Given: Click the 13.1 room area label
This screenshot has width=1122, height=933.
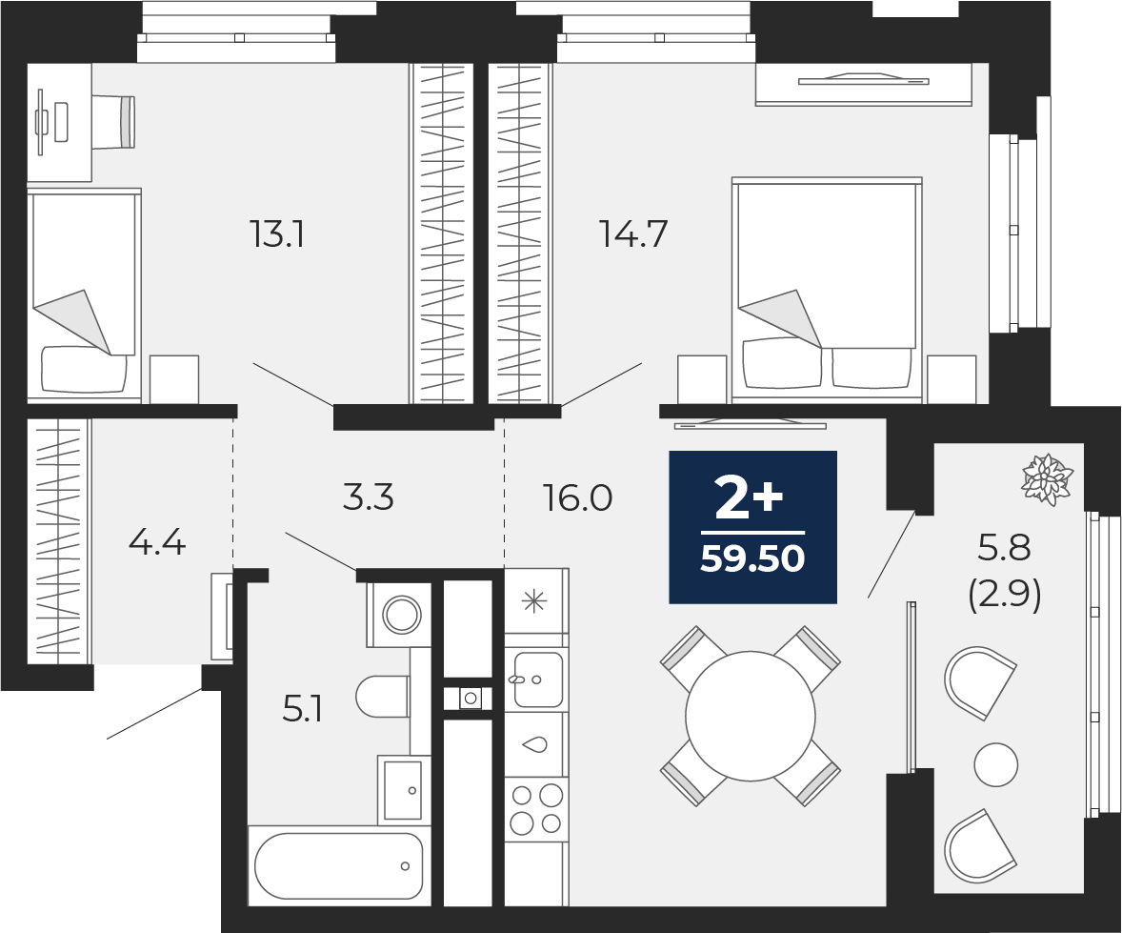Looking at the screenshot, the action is pos(277,233).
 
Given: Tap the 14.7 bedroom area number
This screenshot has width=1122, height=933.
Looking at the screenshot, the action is pos(633,233).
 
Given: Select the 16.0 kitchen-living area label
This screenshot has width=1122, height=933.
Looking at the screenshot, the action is pos(577,497).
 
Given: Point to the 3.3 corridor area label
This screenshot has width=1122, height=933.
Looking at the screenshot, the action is pos(368,497).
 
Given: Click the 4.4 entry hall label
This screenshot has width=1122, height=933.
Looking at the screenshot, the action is pos(157,543).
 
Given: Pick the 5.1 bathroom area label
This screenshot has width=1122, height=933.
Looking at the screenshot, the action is pos(303,711).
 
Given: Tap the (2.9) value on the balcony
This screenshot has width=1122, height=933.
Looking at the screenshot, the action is pos(1004,596).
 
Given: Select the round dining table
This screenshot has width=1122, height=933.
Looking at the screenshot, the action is pos(750,716).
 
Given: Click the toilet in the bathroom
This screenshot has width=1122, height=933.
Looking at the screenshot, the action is pos(383,696).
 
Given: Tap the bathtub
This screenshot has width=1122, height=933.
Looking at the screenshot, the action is pos(338,865).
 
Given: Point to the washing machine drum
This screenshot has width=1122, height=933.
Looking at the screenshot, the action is pos(401,614).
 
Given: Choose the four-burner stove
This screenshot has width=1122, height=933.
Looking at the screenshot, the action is pos(536,810).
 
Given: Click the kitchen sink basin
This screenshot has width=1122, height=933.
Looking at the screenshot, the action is pos(537,679).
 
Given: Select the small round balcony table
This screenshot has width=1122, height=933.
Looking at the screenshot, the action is pos(995,764).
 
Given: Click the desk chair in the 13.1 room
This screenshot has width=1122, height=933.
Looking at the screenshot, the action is pos(113,122).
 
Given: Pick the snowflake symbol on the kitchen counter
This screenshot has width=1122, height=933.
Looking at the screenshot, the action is pos(533,601).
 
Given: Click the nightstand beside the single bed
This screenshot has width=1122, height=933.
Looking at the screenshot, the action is pos(174,378).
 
